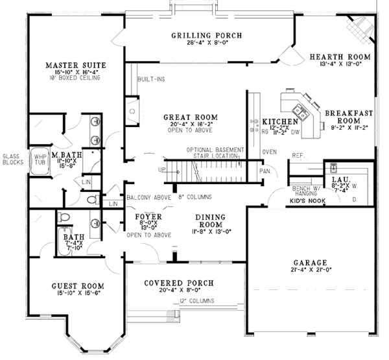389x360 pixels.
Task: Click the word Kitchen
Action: pyautogui.click(x=279, y=122)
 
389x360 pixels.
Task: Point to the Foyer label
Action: pyautogui.click(x=148, y=216)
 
